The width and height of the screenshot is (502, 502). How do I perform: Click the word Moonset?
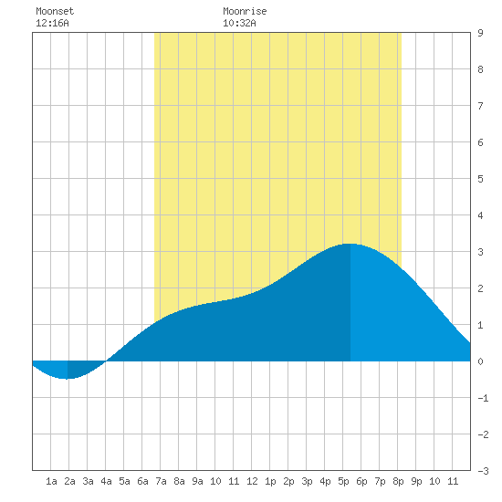tap(55, 11)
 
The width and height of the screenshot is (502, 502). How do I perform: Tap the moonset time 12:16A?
tap(52, 23)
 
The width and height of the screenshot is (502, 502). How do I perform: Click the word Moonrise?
tap(245, 11)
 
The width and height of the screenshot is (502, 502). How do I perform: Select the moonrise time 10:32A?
tap(239, 23)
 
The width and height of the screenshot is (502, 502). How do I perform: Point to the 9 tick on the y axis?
tap(480, 33)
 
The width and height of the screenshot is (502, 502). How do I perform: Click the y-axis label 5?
tap(480, 179)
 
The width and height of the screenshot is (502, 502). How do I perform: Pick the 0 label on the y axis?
tap(480, 361)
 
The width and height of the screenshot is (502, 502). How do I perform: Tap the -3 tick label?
tap(483, 471)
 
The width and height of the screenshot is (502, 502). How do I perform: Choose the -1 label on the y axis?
tap(483, 398)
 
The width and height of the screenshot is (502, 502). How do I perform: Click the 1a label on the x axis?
tap(51, 481)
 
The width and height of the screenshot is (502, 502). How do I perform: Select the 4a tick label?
tap(106, 481)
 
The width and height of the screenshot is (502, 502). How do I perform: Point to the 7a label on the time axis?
tap(161, 481)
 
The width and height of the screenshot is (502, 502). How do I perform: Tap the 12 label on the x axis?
tap(252, 481)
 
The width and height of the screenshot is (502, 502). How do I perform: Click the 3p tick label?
tap(307, 481)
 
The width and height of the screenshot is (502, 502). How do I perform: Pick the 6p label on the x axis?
tap(361, 481)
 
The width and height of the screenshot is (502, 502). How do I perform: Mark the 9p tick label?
tap(416, 481)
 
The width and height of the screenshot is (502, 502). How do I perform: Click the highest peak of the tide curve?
tap(350, 244)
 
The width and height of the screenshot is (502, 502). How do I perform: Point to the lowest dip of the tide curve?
tap(67, 379)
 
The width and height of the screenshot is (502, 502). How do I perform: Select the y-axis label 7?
tap(480, 106)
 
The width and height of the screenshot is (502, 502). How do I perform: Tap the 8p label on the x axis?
tap(398, 481)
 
